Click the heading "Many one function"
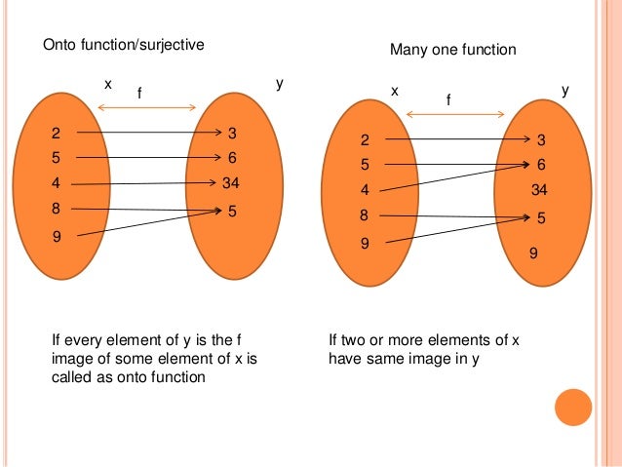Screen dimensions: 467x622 pyautogui.click(x=452, y=49)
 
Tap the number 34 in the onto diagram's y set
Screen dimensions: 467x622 pyautogui.click(x=231, y=182)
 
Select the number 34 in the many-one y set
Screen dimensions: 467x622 pyautogui.click(x=540, y=189)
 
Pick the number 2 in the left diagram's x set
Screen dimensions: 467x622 pyautogui.click(x=56, y=133)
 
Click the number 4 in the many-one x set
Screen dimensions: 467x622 pyautogui.click(x=365, y=190)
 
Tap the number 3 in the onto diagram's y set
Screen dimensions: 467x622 pyautogui.click(x=232, y=133)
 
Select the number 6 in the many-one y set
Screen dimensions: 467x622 pyautogui.click(x=541, y=165)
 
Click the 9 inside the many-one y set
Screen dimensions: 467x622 pyautogui.click(x=533, y=253)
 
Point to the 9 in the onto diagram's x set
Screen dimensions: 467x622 pyautogui.click(x=56, y=235)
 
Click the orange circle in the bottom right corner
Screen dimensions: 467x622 pyautogui.click(x=573, y=407)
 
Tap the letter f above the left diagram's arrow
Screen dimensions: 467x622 pyautogui.click(x=139, y=94)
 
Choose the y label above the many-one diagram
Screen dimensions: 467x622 pyautogui.click(x=566, y=90)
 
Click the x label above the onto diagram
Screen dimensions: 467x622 pyautogui.click(x=108, y=85)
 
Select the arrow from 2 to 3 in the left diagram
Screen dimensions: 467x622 pyautogui.click(x=146, y=133)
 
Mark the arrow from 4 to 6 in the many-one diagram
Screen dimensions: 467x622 pyautogui.click(x=453, y=176)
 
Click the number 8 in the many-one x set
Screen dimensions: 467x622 pyautogui.click(x=364, y=215)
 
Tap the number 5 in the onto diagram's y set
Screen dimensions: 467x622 pyautogui.click(x=232, y=209)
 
